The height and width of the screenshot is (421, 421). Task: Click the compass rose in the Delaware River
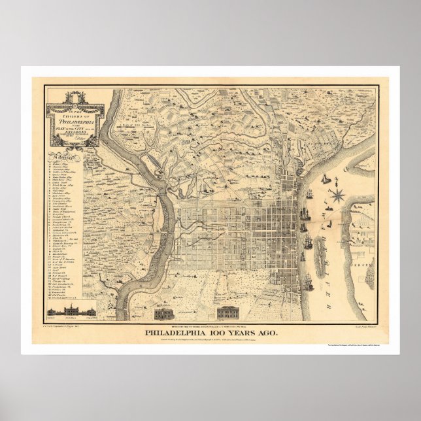pyautogui.click(x=338, y=194)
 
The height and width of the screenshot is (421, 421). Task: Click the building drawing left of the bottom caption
pyautogui.click(x=164, y=312)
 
